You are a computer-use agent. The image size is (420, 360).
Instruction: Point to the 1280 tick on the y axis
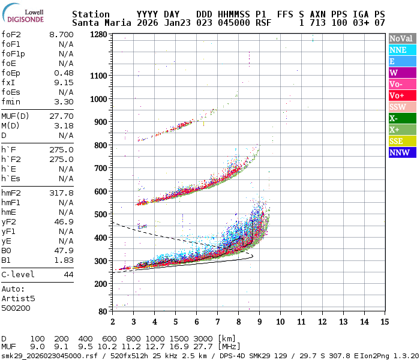tap(98, 35)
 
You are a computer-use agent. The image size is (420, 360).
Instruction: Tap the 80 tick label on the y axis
tap(102, 311)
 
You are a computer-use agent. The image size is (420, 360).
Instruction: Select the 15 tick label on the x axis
tap(383, 322)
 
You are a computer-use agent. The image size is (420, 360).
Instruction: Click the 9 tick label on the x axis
tap(260, 322)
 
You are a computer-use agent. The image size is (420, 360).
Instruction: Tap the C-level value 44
tap(68, 274)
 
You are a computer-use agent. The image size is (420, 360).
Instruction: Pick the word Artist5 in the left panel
tap(18, 298)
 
